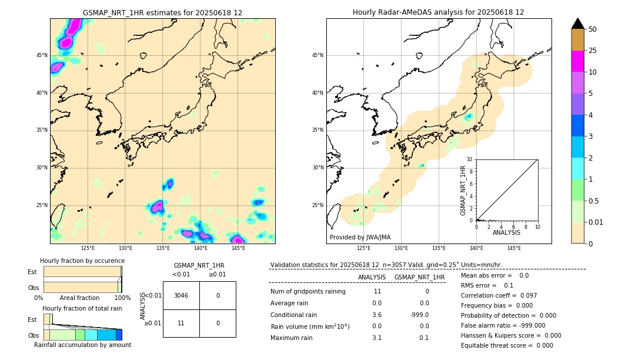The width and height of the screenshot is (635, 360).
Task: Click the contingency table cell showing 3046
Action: coord(181,295)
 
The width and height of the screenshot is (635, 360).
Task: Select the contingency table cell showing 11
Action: coord(181,323)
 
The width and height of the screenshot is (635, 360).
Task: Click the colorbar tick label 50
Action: coord(593,29)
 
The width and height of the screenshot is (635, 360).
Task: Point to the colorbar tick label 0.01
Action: coord(596,222)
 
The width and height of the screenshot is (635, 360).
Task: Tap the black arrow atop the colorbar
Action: coord(578,24)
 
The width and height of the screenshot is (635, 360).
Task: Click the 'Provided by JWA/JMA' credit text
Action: coord(360,237)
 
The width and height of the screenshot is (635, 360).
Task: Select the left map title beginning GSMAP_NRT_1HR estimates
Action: coord(162,12)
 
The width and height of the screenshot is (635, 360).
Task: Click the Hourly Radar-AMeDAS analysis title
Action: coord(439,12)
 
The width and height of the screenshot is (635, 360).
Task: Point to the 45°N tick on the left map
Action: coord(42,55)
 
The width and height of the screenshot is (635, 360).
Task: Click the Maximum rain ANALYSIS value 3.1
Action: coord(376,338)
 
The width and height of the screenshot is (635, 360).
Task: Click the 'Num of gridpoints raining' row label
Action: coord(308,292)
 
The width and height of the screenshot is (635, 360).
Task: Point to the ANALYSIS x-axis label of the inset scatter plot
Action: coord(506,233)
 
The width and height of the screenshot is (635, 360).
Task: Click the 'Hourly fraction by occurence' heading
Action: coord(82,261)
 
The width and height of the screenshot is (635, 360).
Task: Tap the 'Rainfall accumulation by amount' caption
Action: coord(82,345)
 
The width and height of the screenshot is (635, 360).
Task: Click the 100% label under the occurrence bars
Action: coord(122,298)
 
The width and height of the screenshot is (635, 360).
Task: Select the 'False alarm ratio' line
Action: coord(503,325)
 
